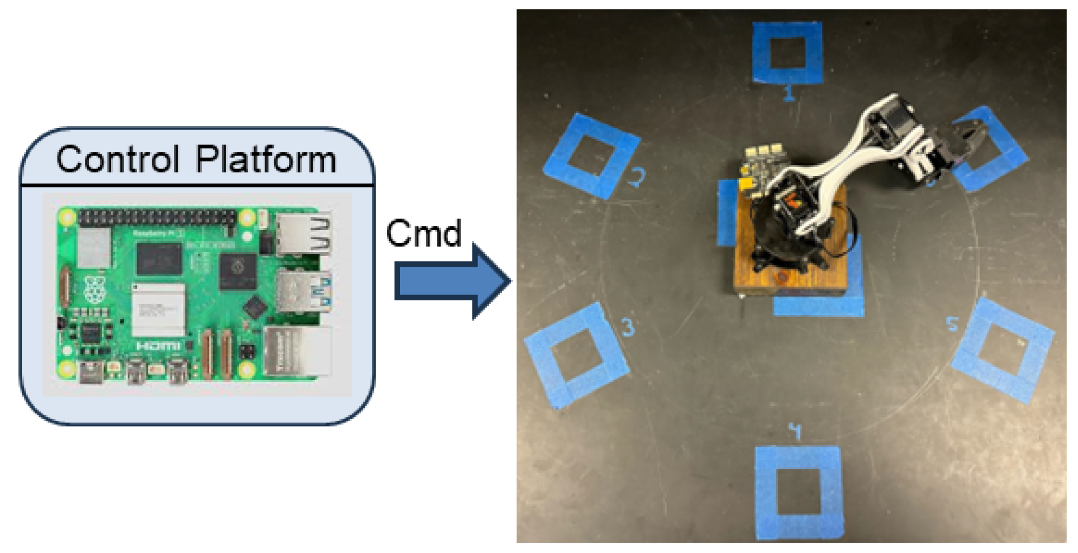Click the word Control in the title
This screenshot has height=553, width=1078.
click(118, 159)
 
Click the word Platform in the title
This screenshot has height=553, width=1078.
click(266, 159)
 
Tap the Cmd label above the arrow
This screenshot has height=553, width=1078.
click(423, 233)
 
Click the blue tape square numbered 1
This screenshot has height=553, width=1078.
click(787, 53)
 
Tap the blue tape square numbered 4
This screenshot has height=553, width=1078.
click(798, 492)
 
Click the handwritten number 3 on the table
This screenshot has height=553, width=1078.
click(628, 327)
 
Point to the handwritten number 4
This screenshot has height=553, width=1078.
click(795, 432)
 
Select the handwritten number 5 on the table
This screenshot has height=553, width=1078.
click(952, 324)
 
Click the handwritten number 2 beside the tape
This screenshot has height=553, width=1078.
click(637, 177)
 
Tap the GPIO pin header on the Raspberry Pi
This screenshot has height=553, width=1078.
click(157, 217)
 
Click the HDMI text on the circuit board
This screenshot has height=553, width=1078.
click(158, 345)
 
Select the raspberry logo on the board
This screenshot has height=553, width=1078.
click(95, 290)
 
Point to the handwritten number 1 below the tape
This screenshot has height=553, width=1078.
click(789, 93)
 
